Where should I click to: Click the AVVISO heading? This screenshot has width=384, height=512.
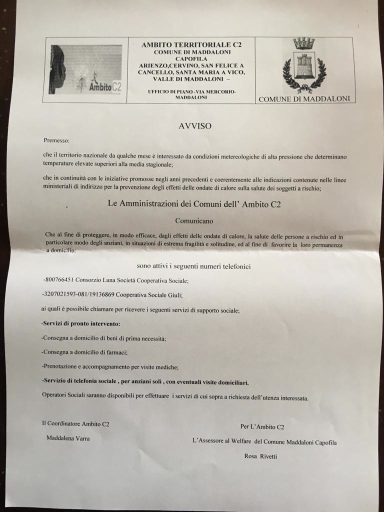pos(195,126)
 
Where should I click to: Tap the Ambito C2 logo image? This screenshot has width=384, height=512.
pos(85,69)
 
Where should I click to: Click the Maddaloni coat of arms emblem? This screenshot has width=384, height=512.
pos(304,65)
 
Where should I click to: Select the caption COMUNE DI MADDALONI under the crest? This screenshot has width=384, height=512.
pos(304,99)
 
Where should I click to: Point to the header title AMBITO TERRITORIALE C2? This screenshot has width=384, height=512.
pos(191,44)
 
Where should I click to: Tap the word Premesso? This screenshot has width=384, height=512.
pos(57,140)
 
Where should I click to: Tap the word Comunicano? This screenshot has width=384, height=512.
pos(195,219)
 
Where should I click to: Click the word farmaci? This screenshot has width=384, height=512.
pos(116,352)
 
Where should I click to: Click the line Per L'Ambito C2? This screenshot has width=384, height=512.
pos(262,426)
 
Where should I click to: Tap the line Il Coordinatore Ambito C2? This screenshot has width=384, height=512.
pos(75,424)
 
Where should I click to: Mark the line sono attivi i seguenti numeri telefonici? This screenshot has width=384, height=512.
pos(194,266)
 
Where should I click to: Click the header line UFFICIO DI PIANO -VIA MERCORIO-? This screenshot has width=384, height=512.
pos(191,92)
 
